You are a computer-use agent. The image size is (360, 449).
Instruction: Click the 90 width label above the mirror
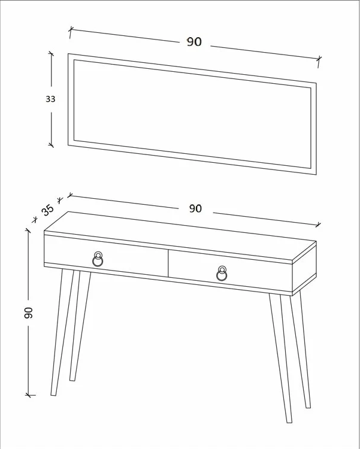pos(194,42)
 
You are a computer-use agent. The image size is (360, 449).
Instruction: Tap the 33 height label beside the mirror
pos(50,99)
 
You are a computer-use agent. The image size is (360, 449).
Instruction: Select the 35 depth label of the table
pos(47,210)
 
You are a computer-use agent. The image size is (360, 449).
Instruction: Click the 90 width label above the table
pos(195,208)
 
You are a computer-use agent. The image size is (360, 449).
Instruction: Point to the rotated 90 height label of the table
pos(29,313)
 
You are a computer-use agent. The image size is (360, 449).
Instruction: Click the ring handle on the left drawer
pos(98,259)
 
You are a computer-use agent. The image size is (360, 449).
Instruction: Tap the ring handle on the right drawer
pos(222,273)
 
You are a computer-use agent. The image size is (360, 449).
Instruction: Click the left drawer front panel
pos(106,256)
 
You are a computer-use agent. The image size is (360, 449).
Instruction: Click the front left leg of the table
pos(62,332)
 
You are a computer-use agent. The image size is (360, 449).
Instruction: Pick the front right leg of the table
pos(280,358)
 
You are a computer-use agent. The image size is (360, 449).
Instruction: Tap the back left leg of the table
pos(80,326)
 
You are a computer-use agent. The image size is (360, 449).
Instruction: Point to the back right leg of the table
pos(300,350)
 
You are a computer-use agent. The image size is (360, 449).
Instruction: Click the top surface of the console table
pos(180,236)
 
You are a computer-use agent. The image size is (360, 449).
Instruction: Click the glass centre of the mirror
pos(192,114)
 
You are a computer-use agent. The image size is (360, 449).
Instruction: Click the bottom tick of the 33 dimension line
pos(51,145)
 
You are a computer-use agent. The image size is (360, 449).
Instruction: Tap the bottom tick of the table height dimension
pos(29,395)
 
